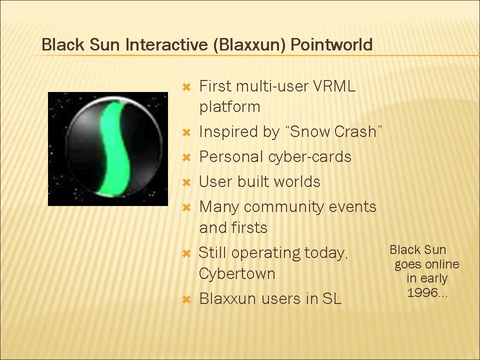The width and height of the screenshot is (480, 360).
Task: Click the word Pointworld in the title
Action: pyautogui.click(x=331, y=44)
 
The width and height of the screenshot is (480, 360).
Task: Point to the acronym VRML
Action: pyautogui.click(x=334, y=86)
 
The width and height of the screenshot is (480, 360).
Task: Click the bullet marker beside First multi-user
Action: pyautogui.click(x=186, y=87)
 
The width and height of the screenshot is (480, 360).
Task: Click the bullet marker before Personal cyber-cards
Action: pyautogui.click(x=186, y=157)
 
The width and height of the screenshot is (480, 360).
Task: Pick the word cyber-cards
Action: pyautogui.click(x=310, y=156)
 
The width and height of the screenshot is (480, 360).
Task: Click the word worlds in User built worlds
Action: pyautogui.click(x=297, y=181)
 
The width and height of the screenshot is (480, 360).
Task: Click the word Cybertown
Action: pyautogui.click(x=237, y=273)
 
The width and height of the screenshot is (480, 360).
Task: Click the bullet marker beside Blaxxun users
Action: pyautogui.click(x=186, y=299)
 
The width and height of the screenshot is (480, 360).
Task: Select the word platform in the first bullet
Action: pyautogui.click(x=229, y=107)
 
